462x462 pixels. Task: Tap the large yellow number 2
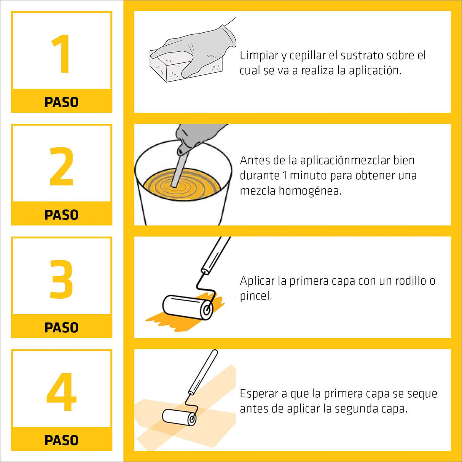click(61, 166)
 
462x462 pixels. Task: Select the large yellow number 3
click(61, 279)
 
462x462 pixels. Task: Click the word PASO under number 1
click(61, 102)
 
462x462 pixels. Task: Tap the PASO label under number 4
click(61, 440)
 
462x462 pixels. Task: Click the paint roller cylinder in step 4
click(179, 417)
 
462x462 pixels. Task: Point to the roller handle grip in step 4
click(203, 371)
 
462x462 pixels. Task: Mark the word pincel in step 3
click(255, 296)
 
